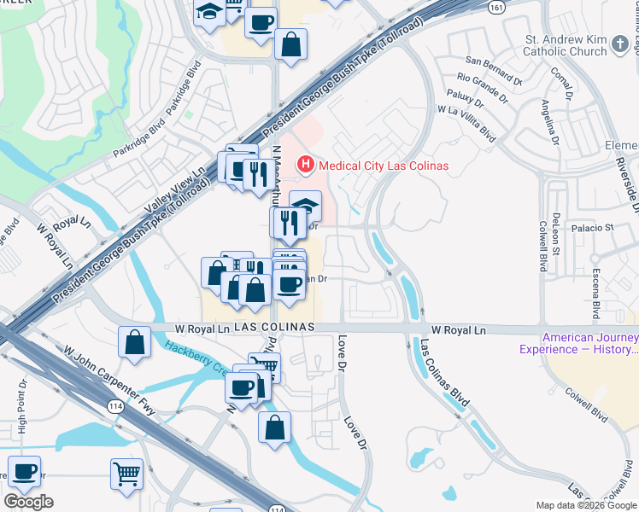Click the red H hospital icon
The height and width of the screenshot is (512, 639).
coord(303,165)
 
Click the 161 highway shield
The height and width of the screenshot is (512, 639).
coord(496,7)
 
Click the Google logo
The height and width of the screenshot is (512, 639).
coord(28,502)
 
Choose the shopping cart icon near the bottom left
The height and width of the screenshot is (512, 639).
coord(126,472)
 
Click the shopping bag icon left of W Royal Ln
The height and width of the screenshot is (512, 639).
coord(135,343)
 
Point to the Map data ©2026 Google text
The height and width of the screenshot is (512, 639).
coord(586,505)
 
